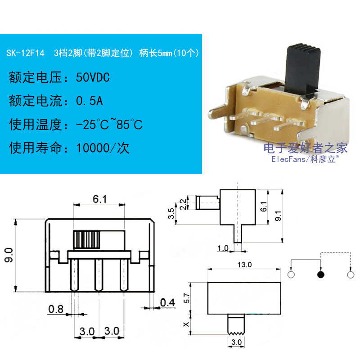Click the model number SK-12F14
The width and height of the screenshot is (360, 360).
pos(25,53)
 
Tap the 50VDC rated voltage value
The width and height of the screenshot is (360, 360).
pos(93,77)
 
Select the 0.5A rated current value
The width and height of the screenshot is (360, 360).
pos(90,101)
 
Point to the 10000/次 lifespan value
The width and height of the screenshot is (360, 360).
pos(103,148)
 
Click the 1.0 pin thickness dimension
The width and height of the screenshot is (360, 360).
pos(223,248)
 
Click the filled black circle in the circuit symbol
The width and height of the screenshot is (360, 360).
pos(320,274)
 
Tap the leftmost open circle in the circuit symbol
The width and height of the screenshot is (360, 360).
pos(291,274)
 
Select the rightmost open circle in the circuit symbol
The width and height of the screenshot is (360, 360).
pos(350,274)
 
